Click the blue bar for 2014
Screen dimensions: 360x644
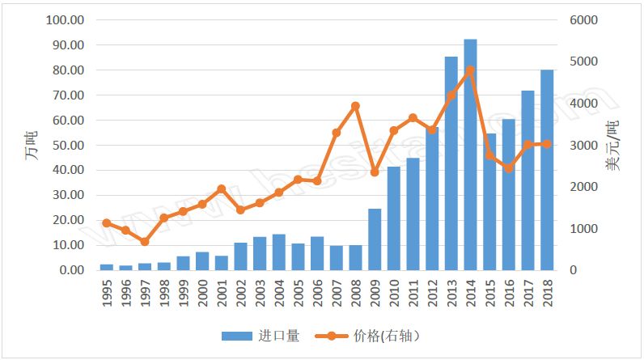click(x=470, y=154)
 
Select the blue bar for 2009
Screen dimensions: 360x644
click(x=375, y=239)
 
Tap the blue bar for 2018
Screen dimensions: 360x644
click(x=547, y=170)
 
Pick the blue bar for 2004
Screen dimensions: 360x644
click(x=278, y=252)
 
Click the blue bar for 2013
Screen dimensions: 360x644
click(x=451, y=163)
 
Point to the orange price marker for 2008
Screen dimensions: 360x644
click(x=355, y=106)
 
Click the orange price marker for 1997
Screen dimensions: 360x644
click(x=145, y=242)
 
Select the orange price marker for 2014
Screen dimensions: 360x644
click(x=470, y=70)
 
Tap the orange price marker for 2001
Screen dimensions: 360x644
click(x=221, y=188)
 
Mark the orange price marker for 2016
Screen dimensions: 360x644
click(x=508, y=168)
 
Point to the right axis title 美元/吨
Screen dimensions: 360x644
click(x=616, y=146)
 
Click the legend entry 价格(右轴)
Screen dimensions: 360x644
click(x=371, y=336)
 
